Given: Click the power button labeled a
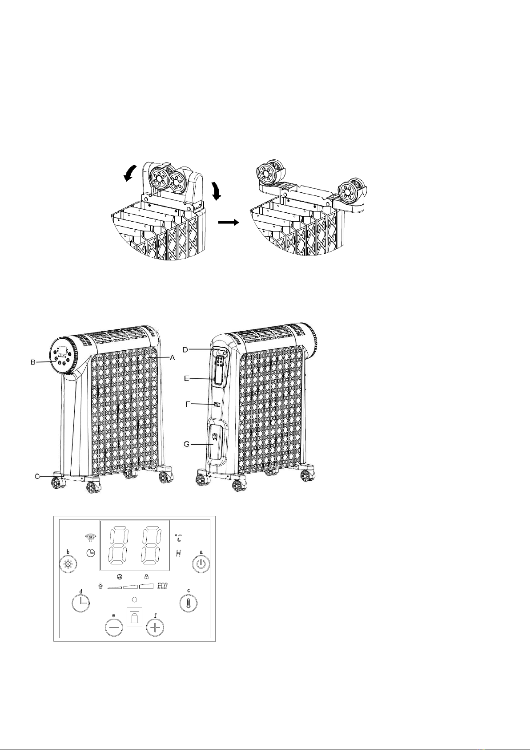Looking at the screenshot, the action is click(201, 564).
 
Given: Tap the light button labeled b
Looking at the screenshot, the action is click(68, 564).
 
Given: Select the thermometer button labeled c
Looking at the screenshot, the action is click(189, 603).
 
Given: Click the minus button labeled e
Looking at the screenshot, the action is click(114, 627).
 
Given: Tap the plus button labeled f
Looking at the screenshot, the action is click(155, 627).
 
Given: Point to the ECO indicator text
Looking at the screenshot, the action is click(162, 586).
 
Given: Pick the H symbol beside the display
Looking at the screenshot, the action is click(179, 554).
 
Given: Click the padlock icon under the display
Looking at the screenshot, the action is click(146, 576).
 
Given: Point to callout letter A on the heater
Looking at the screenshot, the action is click(173, 357).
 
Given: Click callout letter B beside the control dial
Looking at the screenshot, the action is click(33, 362).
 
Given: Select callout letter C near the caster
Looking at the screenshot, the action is click(38, 476).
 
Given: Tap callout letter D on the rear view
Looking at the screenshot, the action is click(185, 349).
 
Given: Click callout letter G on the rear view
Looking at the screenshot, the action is click(187, 444).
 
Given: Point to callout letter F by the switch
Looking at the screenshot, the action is click(188, 404).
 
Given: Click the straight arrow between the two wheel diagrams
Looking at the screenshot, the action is click(229, 222).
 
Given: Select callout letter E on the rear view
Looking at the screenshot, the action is click(187, 378).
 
